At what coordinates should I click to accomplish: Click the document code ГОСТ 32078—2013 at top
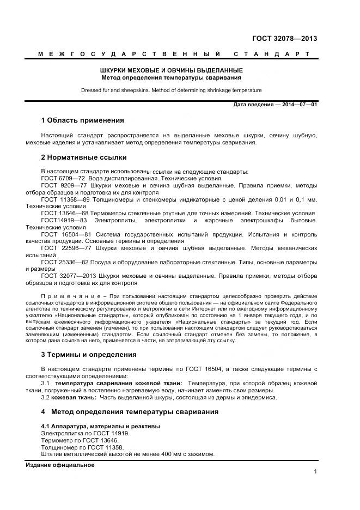click(x=284, y=39)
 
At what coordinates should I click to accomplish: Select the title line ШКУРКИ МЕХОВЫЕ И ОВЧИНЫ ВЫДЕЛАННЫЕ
click(x=172, y=71)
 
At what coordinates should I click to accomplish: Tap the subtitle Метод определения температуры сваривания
click(x=172, y=77)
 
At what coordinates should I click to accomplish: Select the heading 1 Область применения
click(x=83, y=120)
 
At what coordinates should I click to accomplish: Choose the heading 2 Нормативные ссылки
click(x=84, y=157)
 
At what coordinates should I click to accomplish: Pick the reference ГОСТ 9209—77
click(x=63, y=185)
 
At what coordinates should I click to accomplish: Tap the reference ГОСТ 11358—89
click(x=65, y=199)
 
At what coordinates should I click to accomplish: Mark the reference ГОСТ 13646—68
click(x=65, y=213)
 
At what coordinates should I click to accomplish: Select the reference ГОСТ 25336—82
click(x=65, y=262)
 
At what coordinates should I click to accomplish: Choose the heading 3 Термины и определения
click(x=89, y=355)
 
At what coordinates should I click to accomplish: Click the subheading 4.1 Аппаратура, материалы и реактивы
click(x=101, y=426)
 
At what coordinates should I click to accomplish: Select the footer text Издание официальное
click(x=60, y=465)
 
